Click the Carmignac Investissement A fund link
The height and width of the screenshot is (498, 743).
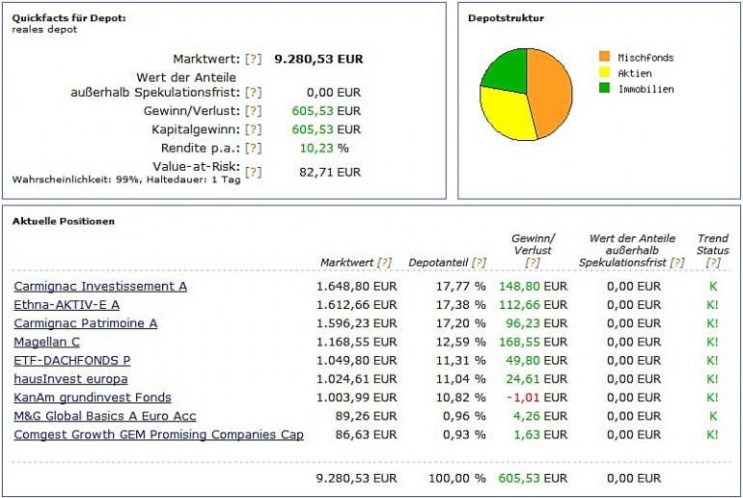click(100, 287)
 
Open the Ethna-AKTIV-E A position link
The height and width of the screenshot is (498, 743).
click(67, 305)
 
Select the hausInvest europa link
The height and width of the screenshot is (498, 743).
click(70, 379)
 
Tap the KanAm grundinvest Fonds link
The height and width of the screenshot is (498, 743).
click(93, 398)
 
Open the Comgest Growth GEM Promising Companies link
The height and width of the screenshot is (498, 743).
click(158, 435)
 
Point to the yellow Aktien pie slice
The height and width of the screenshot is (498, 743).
click(506, 114)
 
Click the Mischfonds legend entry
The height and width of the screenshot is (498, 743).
click(645, 58)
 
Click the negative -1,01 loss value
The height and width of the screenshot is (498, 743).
click(522, 398)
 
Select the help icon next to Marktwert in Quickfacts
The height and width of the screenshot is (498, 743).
click(254, 59)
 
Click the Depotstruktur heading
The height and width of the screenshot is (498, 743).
click(506, 18)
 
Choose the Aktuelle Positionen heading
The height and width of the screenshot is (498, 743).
click(63, 221)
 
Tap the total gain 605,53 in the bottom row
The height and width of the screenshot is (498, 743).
click(520, 478)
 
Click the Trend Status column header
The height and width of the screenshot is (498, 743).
click(712, 244)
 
